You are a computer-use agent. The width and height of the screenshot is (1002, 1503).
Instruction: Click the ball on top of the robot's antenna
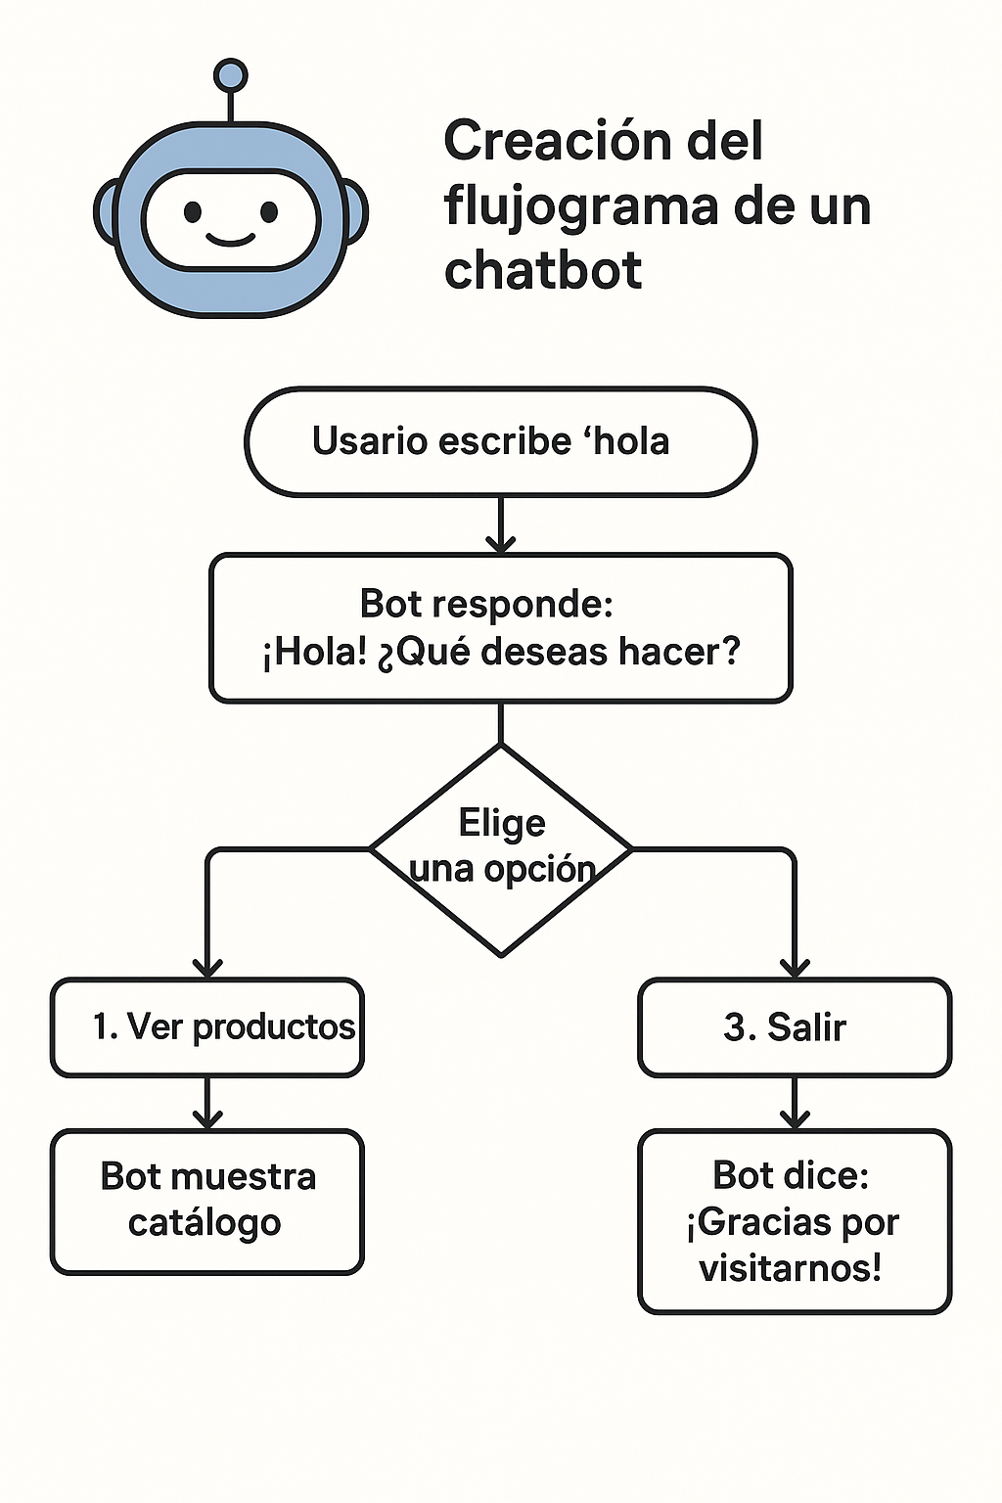coord(230,75)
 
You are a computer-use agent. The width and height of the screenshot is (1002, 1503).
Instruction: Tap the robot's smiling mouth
coord(230,238)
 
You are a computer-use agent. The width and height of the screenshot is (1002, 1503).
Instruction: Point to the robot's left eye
coord(193,211)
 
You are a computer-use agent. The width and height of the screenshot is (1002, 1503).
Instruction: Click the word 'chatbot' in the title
coord(543,270)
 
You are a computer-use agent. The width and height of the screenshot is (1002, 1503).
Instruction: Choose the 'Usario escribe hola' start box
coord(500,441)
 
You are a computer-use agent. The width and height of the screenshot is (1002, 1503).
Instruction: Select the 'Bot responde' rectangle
coord(500,627)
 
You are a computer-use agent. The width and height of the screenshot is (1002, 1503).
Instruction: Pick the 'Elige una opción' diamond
coord(501,847)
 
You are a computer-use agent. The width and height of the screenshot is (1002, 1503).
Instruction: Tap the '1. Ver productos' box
coord(207,1027)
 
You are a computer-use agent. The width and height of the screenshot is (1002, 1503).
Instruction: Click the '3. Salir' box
coord(794,1027)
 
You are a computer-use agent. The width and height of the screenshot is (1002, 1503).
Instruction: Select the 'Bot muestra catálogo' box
coord(207,1201)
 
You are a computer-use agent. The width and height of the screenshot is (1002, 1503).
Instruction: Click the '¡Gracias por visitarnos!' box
coord(794,1221)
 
